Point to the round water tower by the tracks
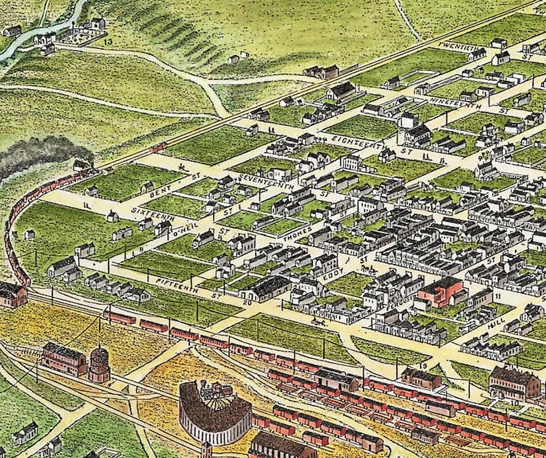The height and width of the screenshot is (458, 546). tap(100, 364)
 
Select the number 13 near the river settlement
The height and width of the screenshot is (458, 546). tap(108, 43)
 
